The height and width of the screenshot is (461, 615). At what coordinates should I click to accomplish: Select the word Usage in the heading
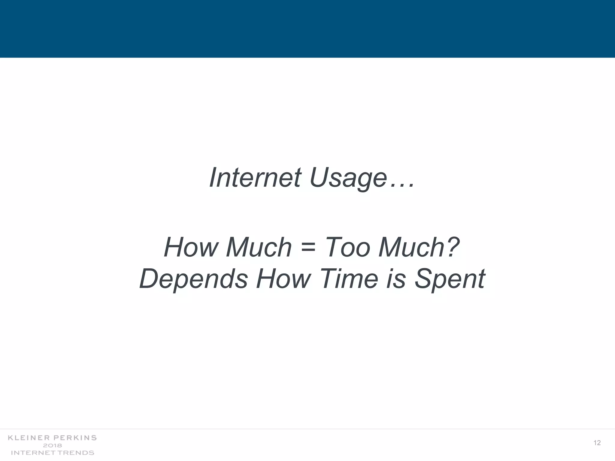coord(348,178)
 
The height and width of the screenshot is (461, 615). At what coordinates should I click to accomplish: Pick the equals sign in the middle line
coord(308,248)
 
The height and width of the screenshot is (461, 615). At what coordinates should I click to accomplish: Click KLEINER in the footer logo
coord(28,438)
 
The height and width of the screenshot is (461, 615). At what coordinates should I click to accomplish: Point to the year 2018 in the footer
coord(53,445)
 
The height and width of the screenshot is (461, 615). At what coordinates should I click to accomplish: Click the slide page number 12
coord(597,443)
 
